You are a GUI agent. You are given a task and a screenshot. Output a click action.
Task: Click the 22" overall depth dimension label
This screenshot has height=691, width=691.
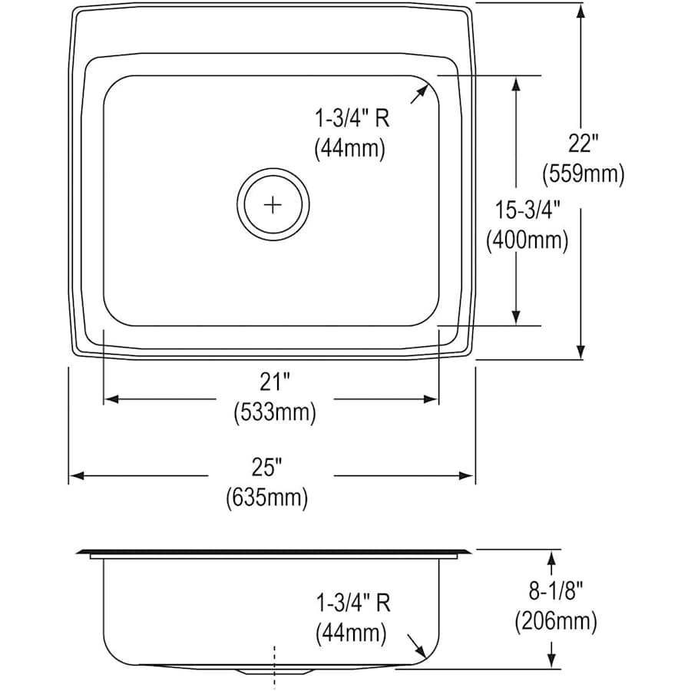pyautogui.click(x=583, y=144)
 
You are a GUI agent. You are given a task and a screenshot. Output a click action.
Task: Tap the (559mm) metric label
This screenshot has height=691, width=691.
pyautogui.click(x=583, y=174)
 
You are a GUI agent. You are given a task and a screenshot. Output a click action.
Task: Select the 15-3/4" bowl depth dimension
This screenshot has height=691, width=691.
pyautogui.click(x=527, y=210)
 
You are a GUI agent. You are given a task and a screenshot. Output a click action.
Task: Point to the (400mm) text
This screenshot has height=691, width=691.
pyautogui.click(x=527, y=240)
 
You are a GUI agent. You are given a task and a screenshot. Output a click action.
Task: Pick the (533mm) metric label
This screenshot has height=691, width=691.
pyautogui.click(x=275, y=412)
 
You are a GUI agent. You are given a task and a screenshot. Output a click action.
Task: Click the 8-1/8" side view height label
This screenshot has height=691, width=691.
pyautogui.click(x=556, y=591)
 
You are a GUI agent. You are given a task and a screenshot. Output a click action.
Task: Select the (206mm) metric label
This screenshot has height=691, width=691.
pyautogui.click(x=556, y=622)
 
